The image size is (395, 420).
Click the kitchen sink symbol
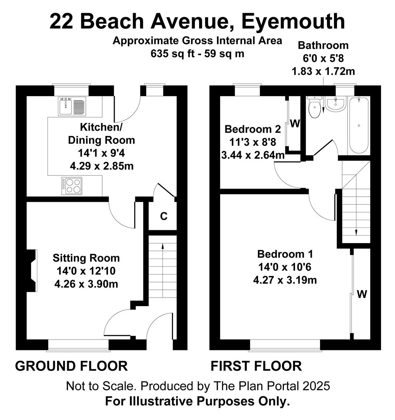click(72, 106)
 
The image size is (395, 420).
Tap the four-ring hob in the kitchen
click(72, 186)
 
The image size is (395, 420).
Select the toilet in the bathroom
click(314, 107)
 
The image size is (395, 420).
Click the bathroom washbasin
click(336, 104)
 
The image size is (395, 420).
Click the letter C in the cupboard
click(164, 216)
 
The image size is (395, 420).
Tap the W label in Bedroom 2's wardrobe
click(295, 124)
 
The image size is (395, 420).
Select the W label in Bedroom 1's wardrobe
click(362, 294)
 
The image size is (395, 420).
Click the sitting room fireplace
click(32, 271)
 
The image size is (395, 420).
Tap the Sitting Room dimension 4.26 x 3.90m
click(86, 284)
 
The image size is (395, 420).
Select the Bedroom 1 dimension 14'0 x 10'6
click(285, 267)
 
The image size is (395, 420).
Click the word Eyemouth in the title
click(293, 21)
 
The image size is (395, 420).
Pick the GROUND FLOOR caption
click(71, 366)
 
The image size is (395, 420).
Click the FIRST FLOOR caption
click(256, 366)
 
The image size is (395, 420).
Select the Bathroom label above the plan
click(323, 45)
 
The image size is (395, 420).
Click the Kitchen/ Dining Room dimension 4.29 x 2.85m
click(102, 166)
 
